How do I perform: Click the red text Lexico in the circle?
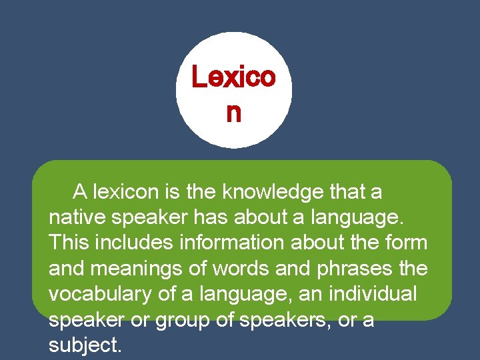click(233, 77)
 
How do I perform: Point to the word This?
click(69, 242)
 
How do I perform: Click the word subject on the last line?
click(82, 345)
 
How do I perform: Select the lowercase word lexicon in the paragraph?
click(127, 193)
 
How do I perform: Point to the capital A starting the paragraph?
click(81, 193)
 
